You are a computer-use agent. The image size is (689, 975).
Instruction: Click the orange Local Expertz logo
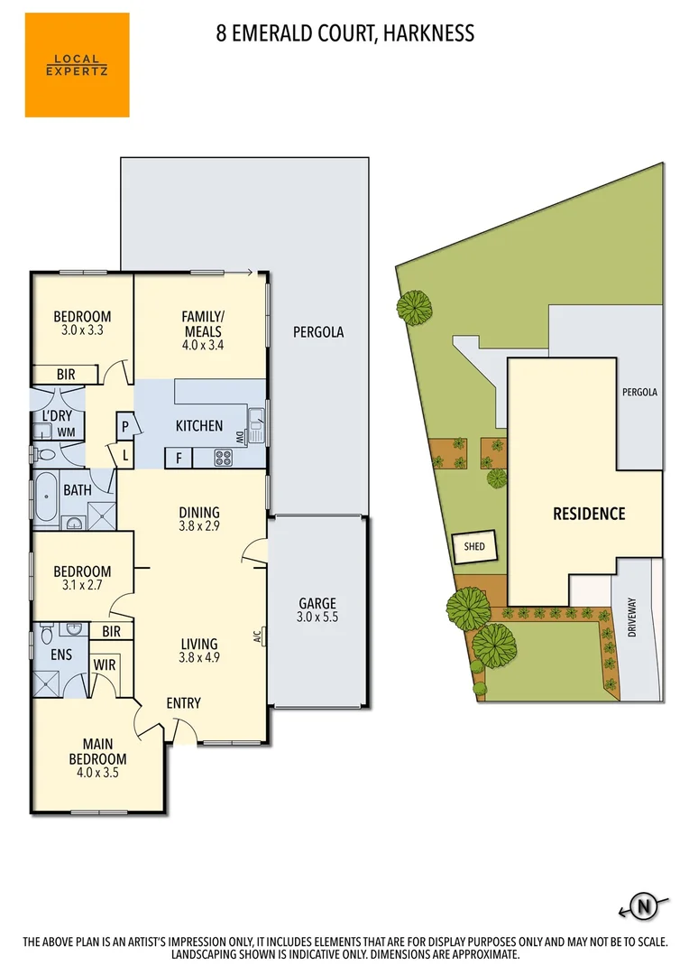[77, 65]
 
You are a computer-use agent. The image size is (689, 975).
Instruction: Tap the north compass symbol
[644, 905]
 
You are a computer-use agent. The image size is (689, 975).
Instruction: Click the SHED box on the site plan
[473, 546]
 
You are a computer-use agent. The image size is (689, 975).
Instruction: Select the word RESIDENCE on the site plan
[588, 514]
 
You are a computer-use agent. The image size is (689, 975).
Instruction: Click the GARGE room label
[317, 604]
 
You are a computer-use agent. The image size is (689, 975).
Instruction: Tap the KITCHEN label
[198, 425]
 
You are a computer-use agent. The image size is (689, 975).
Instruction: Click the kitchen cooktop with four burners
[223, 458]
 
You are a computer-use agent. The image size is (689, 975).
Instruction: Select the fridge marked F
[179, 458]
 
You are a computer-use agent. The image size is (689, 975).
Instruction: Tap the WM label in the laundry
[65, 432]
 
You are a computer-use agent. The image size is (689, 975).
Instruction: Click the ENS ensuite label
[60, 655]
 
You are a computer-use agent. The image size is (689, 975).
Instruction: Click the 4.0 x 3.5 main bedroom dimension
[98, 773]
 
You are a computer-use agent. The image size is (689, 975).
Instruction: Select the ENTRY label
[183, 703]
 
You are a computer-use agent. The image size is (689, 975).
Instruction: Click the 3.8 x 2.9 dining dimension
[199, 527]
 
